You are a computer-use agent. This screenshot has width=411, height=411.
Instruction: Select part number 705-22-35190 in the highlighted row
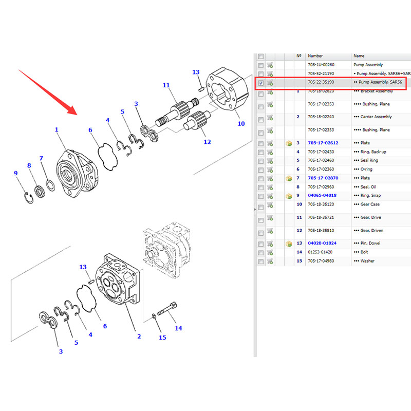(321, 82)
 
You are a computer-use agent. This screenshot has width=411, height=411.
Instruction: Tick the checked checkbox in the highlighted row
(261, 83)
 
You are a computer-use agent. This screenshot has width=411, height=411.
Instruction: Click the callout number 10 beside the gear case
(241, 124)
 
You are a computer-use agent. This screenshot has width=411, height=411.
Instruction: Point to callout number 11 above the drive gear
(166, 85)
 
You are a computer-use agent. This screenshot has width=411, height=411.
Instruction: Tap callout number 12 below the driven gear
(207, 142)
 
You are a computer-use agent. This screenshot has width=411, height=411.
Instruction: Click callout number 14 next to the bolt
(178, 328)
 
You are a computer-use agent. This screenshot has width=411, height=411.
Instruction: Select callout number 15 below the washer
(162, 338)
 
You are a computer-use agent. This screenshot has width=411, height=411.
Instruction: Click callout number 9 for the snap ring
(16, 173)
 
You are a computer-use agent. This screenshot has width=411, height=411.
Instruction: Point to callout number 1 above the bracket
(57, 130)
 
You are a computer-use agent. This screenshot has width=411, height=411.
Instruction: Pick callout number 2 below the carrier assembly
(138, 337)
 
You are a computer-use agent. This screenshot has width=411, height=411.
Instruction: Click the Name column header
(359, 55)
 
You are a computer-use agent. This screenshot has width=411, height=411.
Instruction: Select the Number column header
(315, 55)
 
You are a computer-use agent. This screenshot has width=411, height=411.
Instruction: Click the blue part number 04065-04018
(322, 196)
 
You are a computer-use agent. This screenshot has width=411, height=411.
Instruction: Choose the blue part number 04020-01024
(322, 243)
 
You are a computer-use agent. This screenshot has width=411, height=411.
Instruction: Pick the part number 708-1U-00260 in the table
(321, 65)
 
